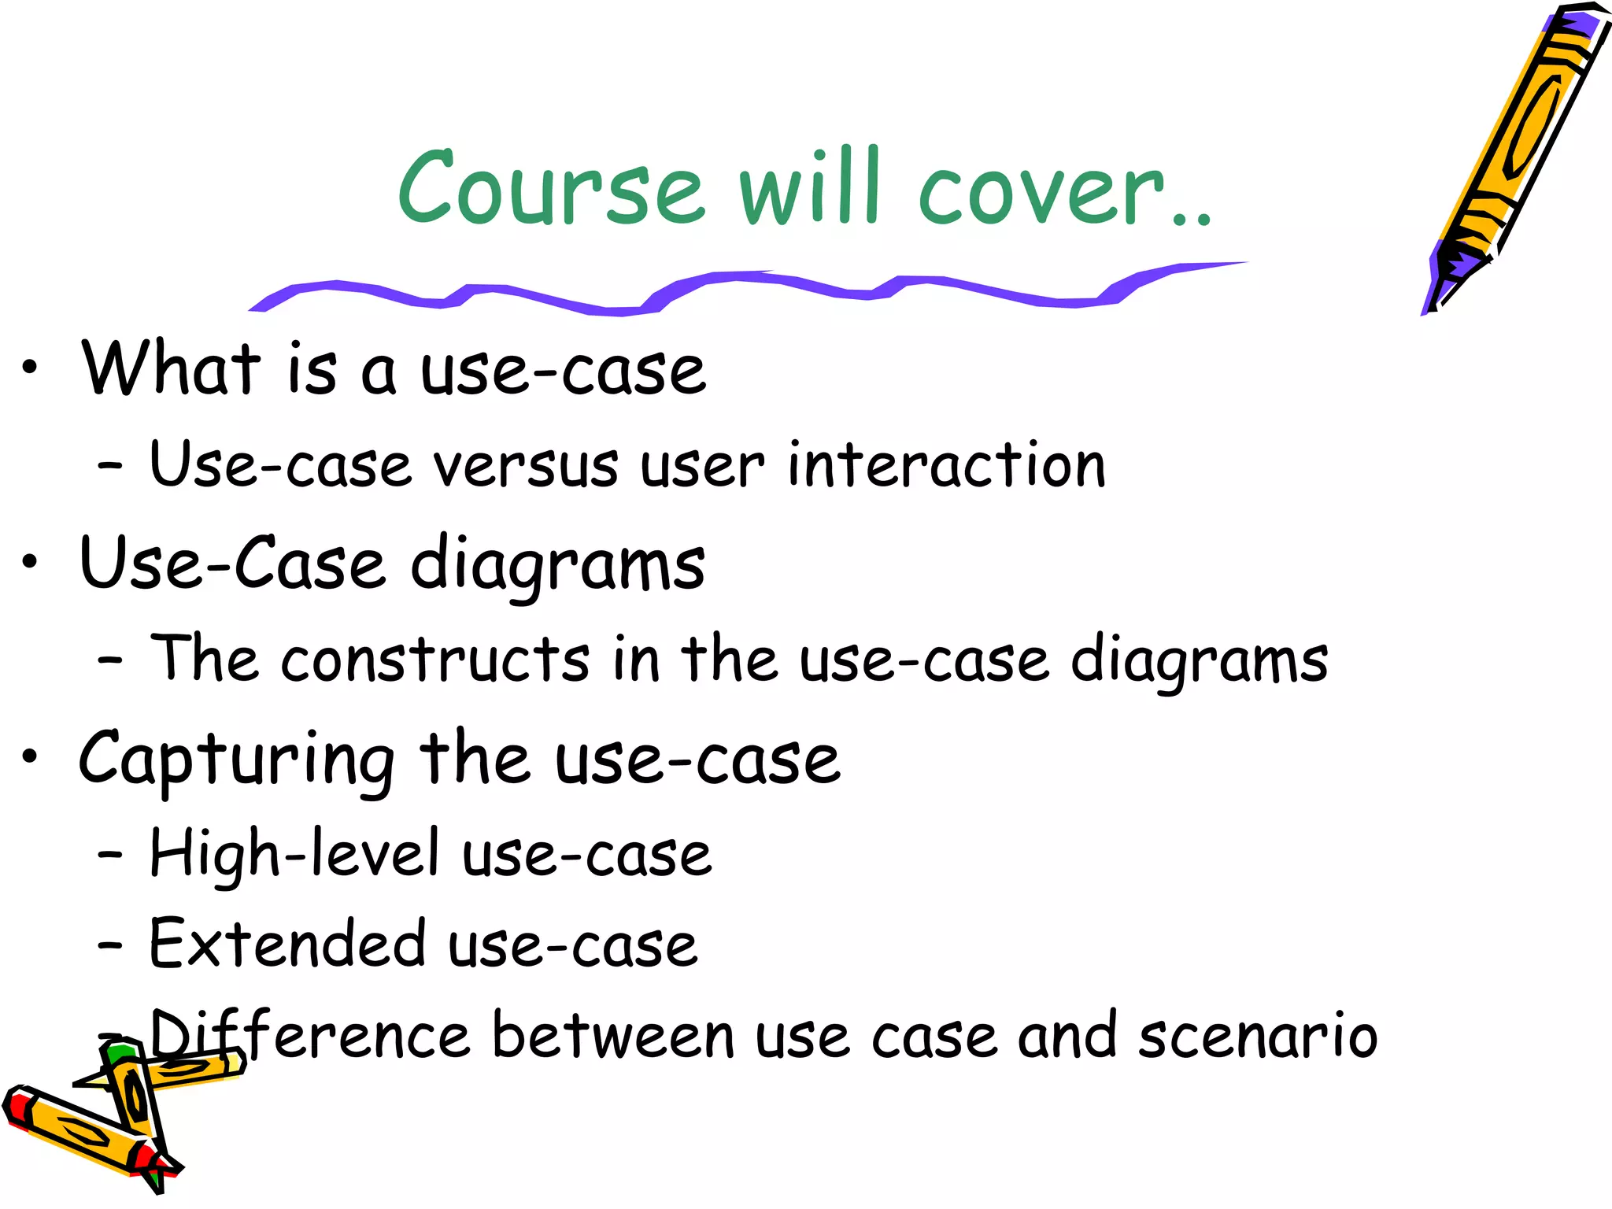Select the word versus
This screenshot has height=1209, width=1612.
526,466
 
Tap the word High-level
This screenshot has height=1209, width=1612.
294,855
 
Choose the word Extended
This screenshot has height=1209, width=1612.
287,945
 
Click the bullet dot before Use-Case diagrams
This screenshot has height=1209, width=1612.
30,562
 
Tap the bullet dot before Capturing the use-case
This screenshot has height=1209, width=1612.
30,756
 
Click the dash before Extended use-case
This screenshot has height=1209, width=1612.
110,945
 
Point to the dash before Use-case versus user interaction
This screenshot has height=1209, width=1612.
110,465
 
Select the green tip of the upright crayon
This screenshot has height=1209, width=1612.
120,1052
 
